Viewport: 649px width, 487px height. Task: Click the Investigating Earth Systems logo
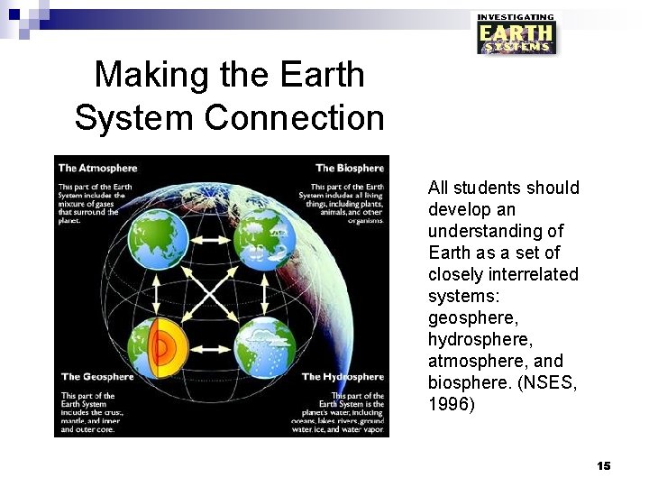[516, 33]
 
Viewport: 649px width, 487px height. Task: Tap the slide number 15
[603, 465]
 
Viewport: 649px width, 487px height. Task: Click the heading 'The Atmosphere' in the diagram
[97, 168]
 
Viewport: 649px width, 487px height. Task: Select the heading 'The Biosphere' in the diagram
[349, 168]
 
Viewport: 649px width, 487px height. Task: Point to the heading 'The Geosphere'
[96, 377]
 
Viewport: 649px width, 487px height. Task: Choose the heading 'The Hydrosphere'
[343, 377]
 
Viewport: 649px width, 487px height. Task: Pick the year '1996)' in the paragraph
[451, 405]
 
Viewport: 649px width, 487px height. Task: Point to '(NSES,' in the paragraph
[548, 383]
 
